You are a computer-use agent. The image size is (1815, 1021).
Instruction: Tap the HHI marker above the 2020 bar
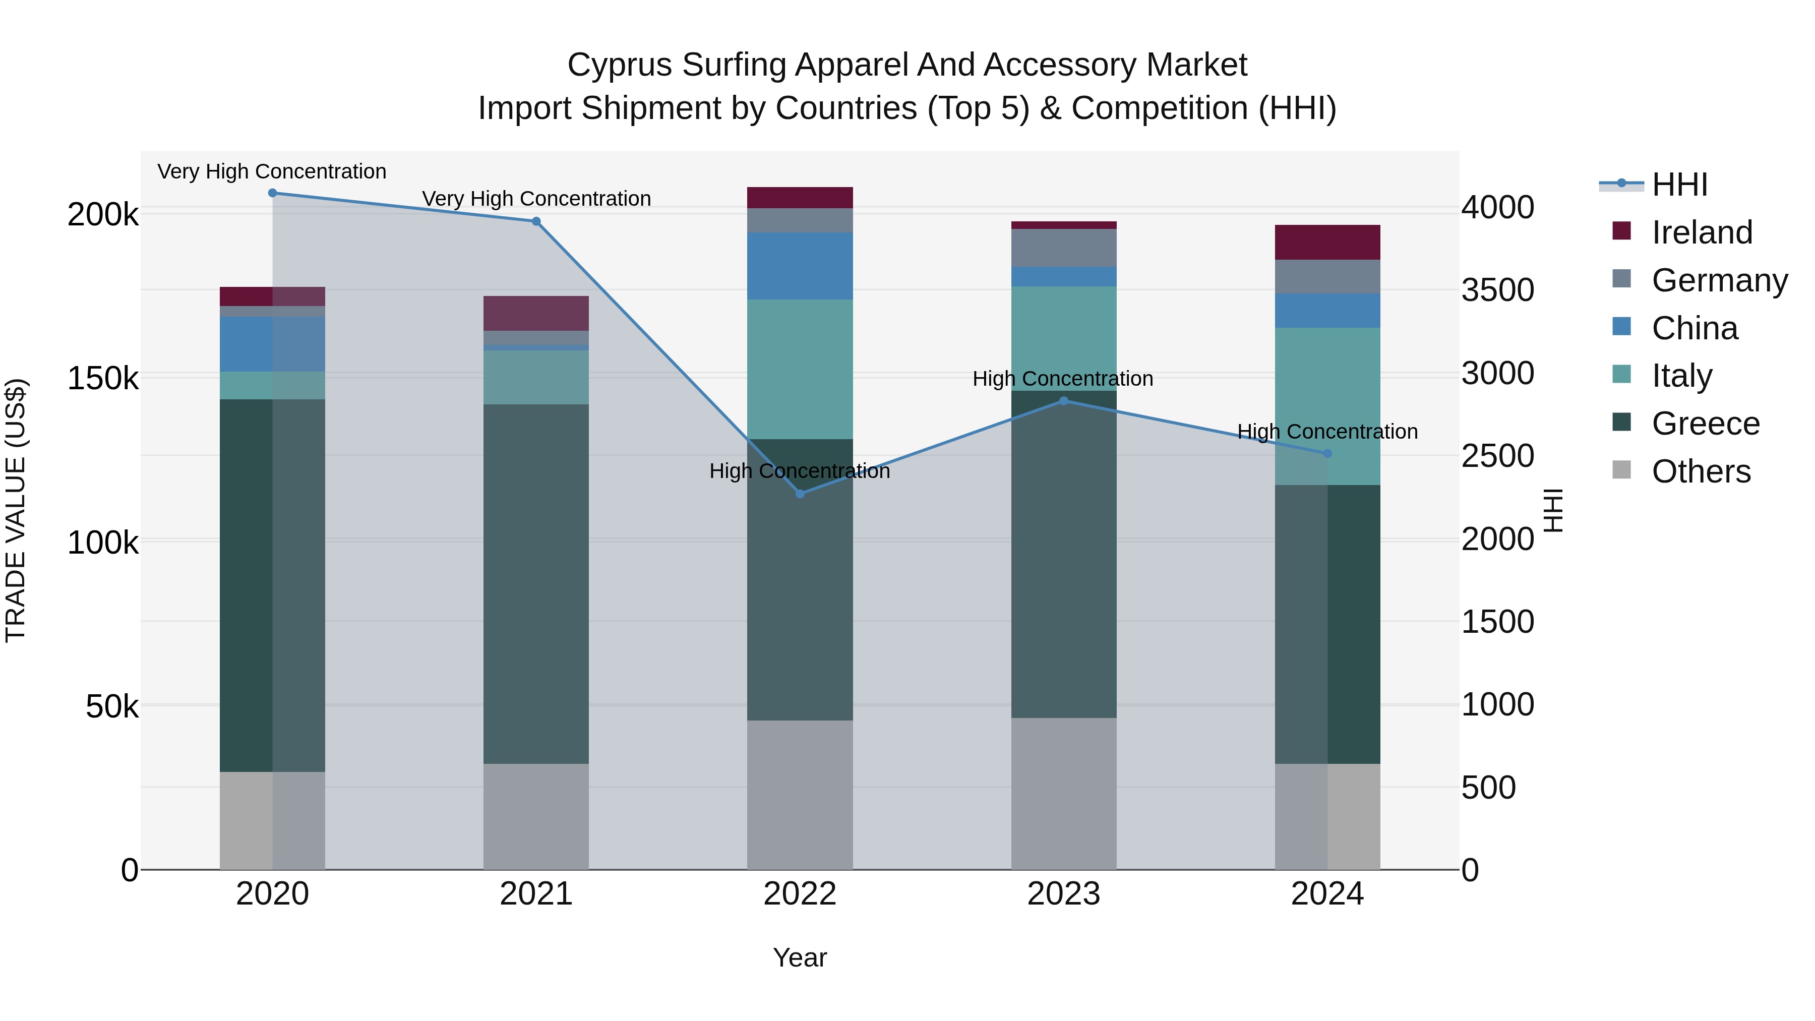tap(273, 193)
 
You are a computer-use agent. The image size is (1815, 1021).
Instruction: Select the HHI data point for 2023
tap(1064, 401)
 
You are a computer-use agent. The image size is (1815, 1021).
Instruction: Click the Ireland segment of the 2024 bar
tap(1327, 243)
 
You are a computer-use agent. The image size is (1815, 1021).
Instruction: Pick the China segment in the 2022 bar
tap(800, 266)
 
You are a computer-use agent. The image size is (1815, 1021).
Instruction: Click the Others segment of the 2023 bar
tap(1064, 794)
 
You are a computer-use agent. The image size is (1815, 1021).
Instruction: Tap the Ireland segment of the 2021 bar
tap(536, 314)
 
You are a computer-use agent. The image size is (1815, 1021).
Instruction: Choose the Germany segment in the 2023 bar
tap(1064, 248)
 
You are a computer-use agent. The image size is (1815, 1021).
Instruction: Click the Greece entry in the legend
tap(1705, 424)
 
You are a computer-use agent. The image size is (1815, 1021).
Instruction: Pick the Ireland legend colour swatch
tap(1621, 231)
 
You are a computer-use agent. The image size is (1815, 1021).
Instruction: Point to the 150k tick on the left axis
tap(103, 378)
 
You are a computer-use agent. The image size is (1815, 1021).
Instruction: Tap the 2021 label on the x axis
tap(536, 894)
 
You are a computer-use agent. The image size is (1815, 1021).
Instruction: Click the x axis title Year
tap(800, 957)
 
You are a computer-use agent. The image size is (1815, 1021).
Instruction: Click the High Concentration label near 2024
tap(1327, 431)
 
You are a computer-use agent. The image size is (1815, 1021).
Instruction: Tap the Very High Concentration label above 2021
tap(536, 199)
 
